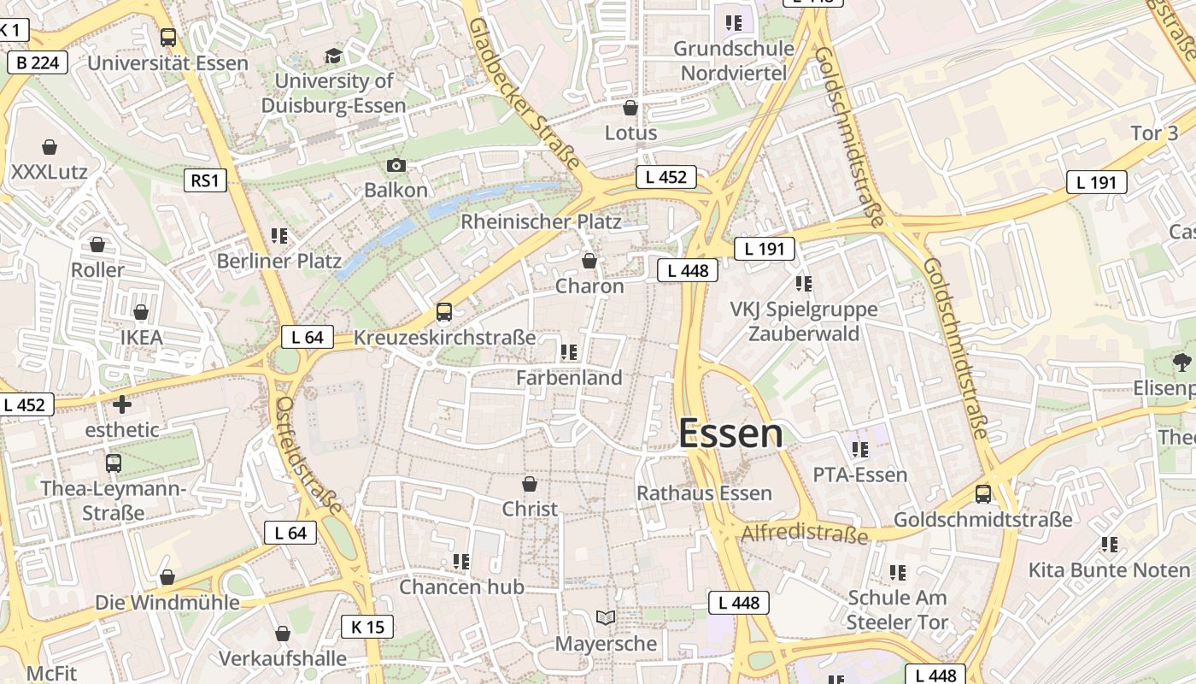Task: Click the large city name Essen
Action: click(x=730, y=434)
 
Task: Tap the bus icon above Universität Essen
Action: click(x=168, y=38)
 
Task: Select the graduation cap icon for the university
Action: click(x=333, y=56)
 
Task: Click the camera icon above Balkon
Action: click(x=396, y=165)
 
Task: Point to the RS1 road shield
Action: click(x=205, y=180)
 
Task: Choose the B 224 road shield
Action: click(x=38, y=62)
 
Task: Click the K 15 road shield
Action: click(x=367, y=627)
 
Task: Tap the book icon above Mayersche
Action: click(x=606, y=617)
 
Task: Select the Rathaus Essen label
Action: click(x=704, y=493)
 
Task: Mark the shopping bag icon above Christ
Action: click(x=530, y=485)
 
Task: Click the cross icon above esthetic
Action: click(x=122, y=404)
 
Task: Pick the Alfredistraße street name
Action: click(x=805, y=534)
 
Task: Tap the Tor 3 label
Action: click(x=1154, y=133)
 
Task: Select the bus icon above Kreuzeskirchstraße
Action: click(x=444, y=312)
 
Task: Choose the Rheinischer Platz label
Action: click(x=541, y=221)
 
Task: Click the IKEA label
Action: click(x=141, y=338)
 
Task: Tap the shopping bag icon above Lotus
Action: click(x=630, y=108)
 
